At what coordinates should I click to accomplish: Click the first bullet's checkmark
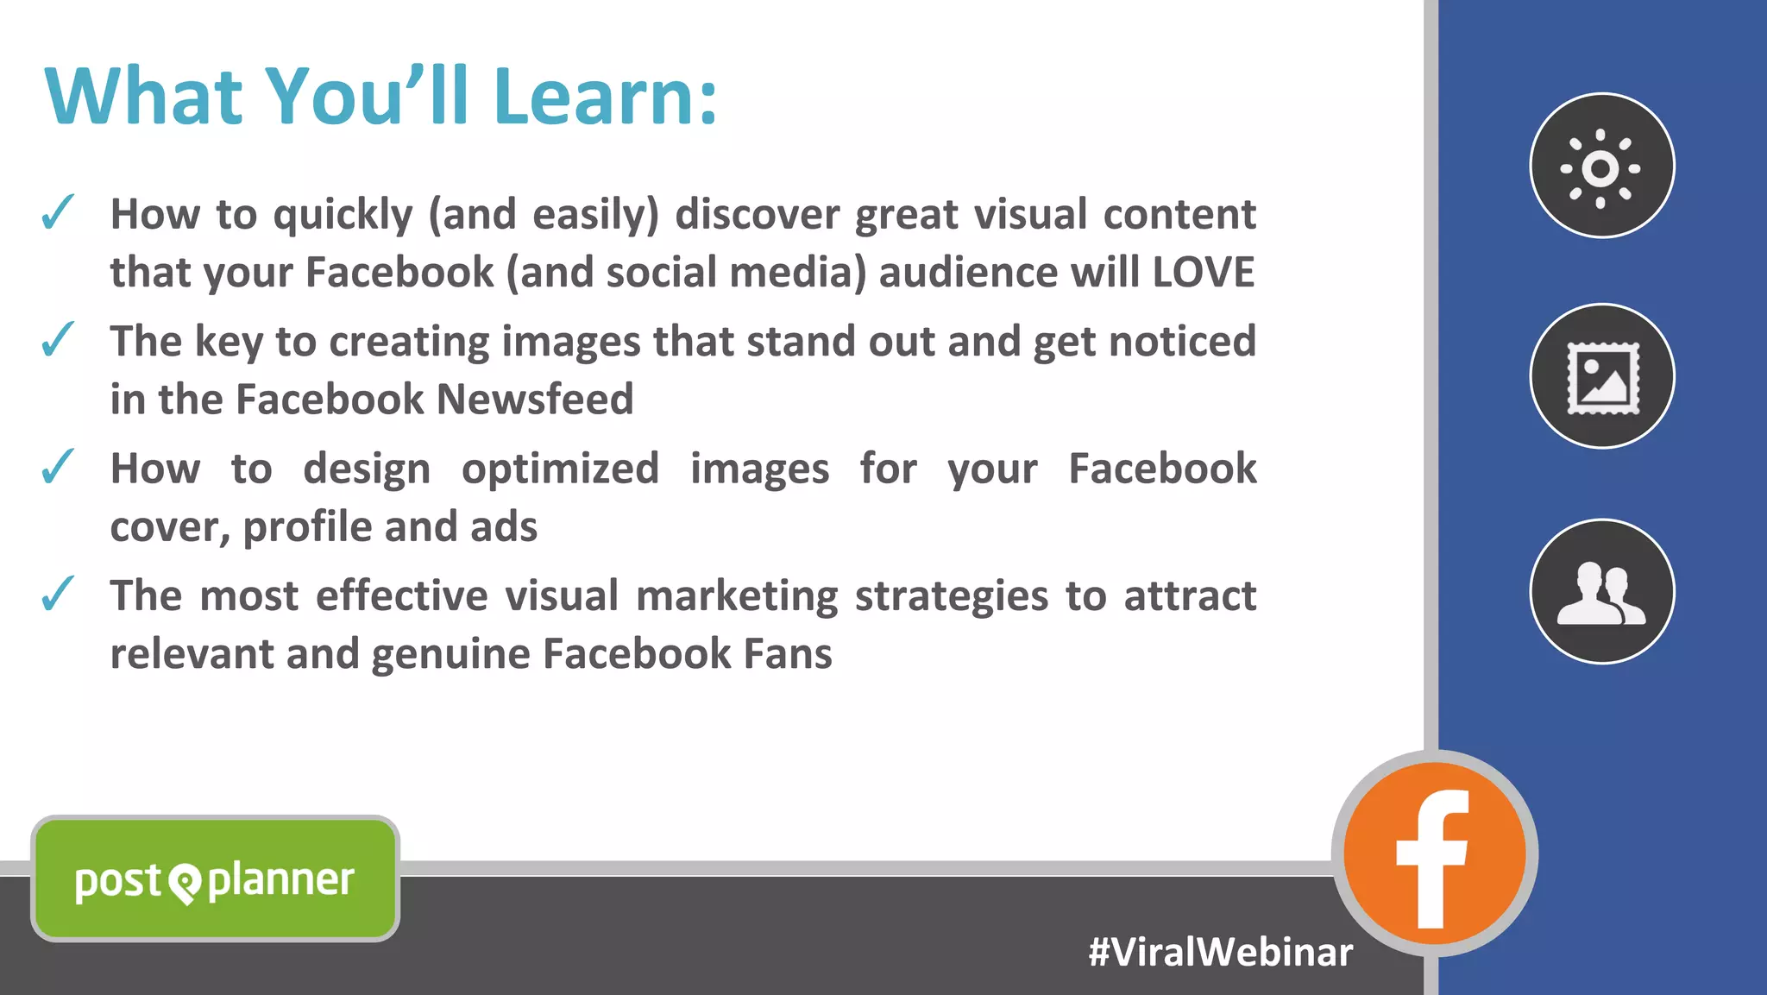58,213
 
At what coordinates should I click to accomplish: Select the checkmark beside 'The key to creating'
58,340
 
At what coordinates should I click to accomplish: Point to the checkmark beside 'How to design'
58,467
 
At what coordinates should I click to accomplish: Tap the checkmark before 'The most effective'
58,594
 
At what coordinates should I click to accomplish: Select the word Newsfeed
535,400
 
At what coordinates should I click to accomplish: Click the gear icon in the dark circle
1601,167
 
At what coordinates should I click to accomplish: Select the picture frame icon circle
1601,377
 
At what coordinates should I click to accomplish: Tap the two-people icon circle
1601,592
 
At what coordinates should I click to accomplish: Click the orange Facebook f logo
1434,854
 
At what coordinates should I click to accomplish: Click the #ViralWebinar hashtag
1220,953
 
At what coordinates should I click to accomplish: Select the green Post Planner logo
215,878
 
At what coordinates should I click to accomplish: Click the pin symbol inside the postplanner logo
185,882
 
